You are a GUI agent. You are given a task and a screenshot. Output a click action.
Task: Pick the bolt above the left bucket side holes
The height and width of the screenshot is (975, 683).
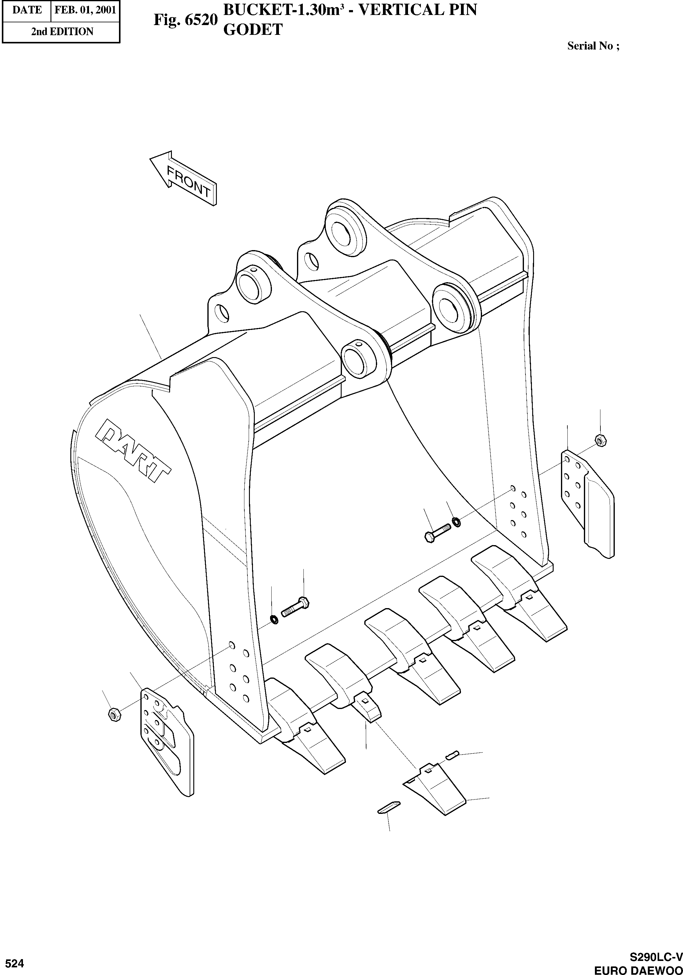pyautogui.click(x=295, y=608)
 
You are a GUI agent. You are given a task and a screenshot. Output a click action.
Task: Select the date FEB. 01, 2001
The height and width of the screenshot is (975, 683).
pyautogui.click(x=85, y=10)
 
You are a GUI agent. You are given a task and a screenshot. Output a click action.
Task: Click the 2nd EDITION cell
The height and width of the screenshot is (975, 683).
pyautogui.click(x=62, y=31)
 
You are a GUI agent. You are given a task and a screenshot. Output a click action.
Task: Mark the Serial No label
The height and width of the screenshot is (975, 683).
pyautogui.click(x=593, y=46)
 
